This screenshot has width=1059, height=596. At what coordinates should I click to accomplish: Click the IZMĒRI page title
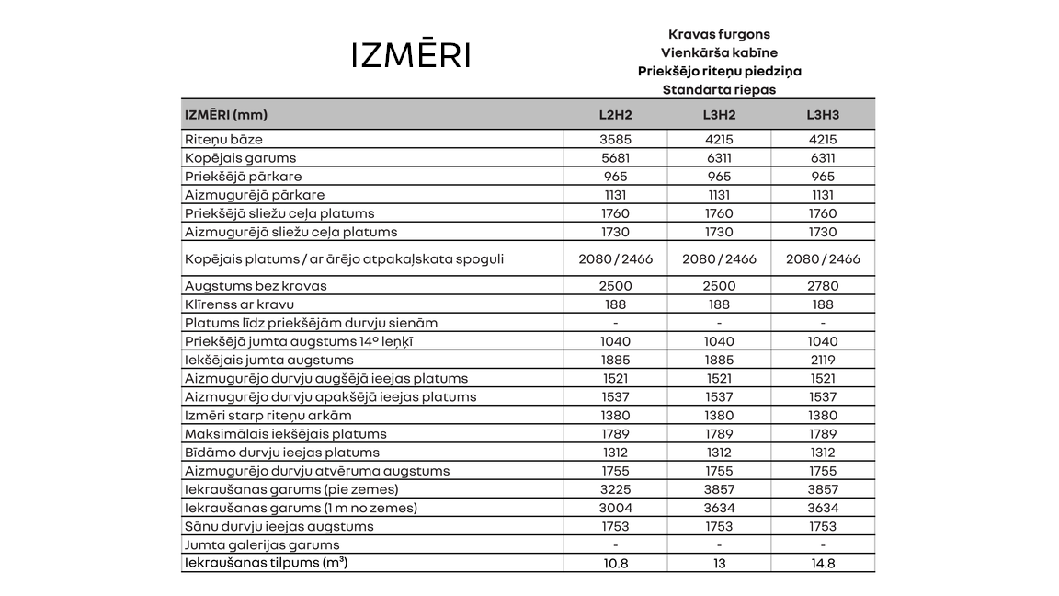411,55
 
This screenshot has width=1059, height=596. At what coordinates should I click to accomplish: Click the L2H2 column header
615,115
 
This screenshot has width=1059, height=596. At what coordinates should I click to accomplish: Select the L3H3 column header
823,115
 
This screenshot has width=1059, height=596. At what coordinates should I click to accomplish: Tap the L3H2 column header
719,115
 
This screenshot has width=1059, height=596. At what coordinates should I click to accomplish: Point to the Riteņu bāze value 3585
615,140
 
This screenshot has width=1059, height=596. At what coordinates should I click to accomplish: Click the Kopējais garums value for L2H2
615,158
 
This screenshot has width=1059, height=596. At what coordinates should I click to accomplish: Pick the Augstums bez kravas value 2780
823,286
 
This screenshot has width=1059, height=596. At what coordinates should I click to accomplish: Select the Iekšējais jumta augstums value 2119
823,360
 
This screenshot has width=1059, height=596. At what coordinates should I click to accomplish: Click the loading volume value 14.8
823,564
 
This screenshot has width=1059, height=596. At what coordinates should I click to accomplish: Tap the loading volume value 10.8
615,564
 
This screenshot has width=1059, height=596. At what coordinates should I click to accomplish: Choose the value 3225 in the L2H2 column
615,489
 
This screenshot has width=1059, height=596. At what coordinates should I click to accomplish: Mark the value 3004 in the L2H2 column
615,508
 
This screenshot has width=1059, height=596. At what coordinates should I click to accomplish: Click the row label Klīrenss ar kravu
239,304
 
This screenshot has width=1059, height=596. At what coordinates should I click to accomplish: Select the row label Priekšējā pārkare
243,177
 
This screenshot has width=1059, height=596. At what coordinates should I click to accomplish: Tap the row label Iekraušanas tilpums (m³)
266,563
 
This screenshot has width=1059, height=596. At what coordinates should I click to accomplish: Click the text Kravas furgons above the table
719,35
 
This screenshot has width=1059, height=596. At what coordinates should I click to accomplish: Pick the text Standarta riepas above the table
719,90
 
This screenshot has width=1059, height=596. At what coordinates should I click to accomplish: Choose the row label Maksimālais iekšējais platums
285,434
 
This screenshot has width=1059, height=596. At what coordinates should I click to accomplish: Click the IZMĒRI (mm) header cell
226,115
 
